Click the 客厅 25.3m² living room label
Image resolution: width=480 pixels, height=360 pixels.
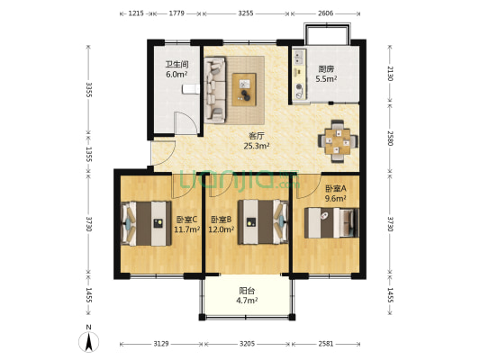click(x=257, y=140)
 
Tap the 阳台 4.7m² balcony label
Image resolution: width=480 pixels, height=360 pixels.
click(x=247, y=295)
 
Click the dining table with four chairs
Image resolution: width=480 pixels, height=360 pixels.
click(x=338, y=141)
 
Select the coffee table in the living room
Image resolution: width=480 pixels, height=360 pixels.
click(x=244, y=90)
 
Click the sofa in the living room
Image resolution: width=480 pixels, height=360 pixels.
click(x=215, y=90)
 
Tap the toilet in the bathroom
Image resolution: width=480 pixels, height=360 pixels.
click(x=191, y=89)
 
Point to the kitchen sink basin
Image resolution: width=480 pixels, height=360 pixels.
click(x=299, y=57)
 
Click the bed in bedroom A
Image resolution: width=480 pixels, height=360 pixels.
click(x=331, y=222)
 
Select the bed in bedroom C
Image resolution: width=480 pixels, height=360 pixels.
click(x=146, y=223)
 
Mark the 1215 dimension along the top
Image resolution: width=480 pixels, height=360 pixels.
click(x=136, y=13)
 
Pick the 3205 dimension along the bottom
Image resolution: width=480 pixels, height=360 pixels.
click(x=247, y=344)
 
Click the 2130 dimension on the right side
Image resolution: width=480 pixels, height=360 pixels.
click(x=390, y=74)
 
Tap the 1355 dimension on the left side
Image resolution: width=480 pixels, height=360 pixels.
click(x=88, y=155)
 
